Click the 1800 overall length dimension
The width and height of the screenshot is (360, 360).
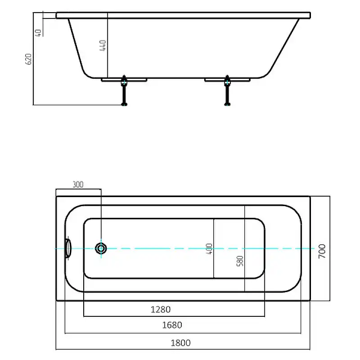coord(181,343)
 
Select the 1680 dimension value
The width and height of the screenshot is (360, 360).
coord(172,325)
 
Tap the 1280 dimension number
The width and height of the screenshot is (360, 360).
coord(161,310)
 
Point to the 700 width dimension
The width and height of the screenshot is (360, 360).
coord(322,251)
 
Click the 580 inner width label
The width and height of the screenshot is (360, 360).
coord(240,261)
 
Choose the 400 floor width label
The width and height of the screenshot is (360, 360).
coord(209,249)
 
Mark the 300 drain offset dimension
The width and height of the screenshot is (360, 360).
coord(78,184)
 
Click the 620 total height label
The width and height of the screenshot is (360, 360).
coord(28,59)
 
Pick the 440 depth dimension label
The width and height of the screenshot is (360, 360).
coord(103,45)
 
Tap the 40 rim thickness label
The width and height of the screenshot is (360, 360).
coord(38,33)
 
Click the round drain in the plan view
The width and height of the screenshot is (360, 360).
coord(101,248)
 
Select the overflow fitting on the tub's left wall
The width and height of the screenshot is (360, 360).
coord(68,248)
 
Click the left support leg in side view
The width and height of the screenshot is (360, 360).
coord(124,90)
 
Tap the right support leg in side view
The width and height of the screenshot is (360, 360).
coord(227,90)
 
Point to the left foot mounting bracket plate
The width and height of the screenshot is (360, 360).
coord(124,80)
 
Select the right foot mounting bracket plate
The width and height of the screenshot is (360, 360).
coord(227,80)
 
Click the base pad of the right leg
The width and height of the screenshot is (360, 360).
coord(227,104)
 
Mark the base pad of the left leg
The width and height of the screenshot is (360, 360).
coord(124,104)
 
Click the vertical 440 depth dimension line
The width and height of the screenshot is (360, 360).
coord(108,45)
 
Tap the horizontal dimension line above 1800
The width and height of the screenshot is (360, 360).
coord(183,350)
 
